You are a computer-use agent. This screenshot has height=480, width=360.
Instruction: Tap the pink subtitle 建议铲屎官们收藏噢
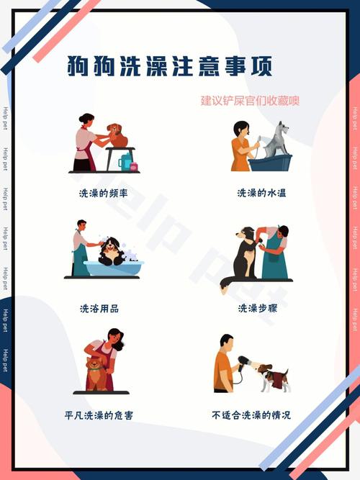pos(250,101)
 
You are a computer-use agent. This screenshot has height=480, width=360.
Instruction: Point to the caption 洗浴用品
pos(99,308)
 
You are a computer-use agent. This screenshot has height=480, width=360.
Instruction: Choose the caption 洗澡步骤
pos(258,308)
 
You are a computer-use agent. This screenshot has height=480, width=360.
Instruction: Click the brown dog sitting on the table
pos(117,135)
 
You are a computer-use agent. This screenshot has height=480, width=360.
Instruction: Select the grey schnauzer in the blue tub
pos(275,140)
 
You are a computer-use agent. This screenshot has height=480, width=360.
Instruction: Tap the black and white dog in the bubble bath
pos(111,251)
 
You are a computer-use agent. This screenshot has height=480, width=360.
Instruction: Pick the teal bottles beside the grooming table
pos(127,162)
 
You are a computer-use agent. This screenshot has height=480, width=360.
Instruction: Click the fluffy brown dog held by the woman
pos(96,371)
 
